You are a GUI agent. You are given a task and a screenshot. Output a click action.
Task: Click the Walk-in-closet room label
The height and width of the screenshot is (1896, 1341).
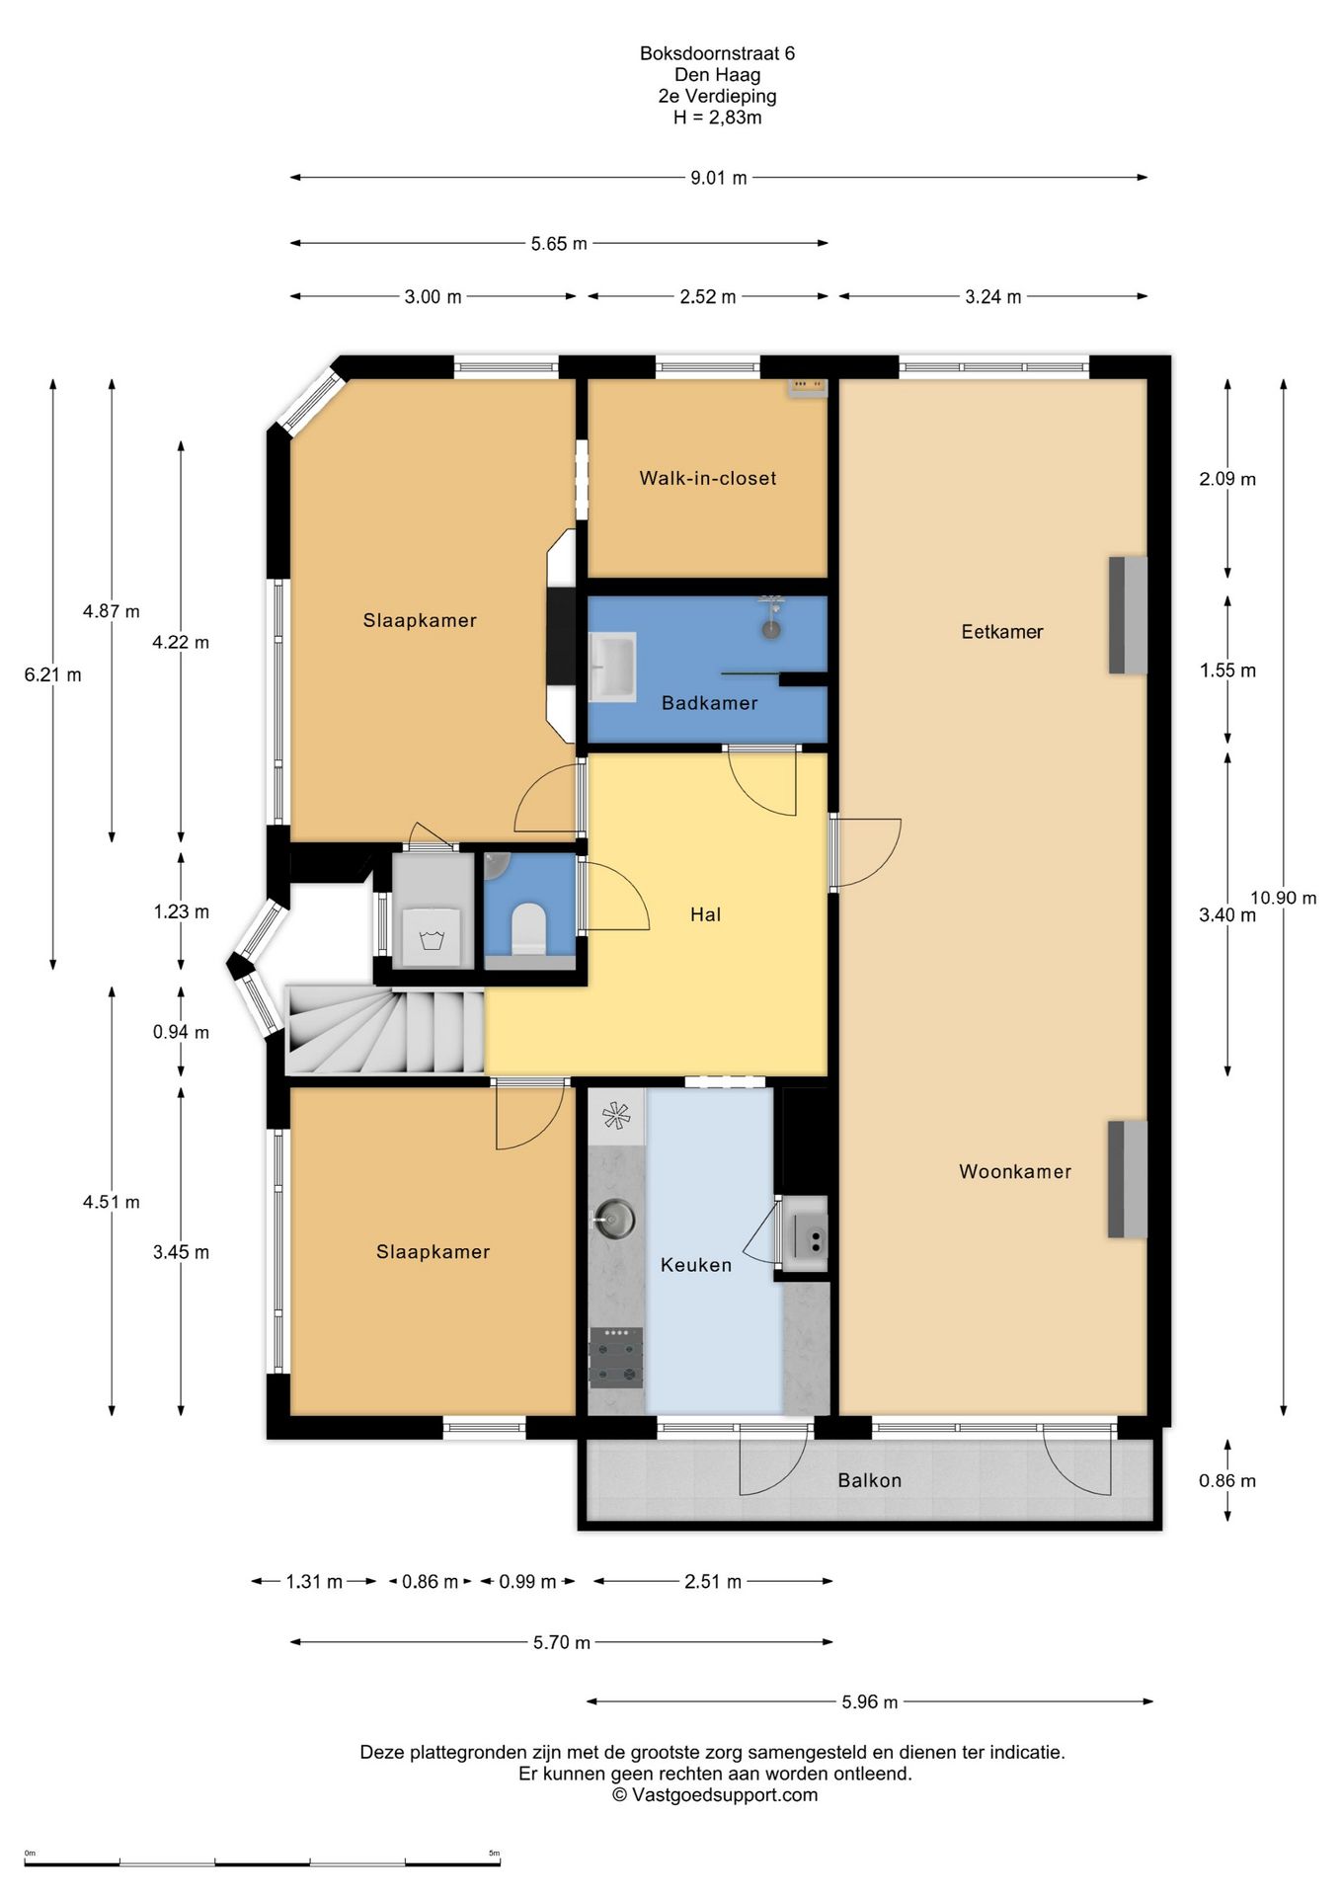pos(707,479)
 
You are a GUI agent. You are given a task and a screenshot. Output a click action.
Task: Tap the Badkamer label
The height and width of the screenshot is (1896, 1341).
pos(709,703)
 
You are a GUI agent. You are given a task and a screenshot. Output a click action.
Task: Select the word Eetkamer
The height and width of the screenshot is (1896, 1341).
pos(1002,632)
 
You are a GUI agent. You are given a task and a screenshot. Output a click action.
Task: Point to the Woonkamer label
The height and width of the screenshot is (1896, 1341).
pos(1015,1172)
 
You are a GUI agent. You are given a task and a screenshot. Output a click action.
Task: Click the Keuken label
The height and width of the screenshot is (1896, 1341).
pos(696,1265)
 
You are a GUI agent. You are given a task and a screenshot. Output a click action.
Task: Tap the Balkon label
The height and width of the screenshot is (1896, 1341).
pos(869,1480)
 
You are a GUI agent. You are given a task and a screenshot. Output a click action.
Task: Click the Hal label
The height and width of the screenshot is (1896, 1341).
pos(705,914)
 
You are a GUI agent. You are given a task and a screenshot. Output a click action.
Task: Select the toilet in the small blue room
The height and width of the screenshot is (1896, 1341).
pos(529,927)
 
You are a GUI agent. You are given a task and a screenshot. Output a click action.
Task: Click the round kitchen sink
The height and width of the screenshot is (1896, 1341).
pos(614,1219)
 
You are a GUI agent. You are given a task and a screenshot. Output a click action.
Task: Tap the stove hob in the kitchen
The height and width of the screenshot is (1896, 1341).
pos(616,1358)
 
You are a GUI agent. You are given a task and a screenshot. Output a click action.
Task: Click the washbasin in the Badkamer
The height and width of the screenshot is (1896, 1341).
pos(612,667)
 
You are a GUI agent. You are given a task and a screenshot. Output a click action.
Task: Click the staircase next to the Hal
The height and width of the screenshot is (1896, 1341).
pos(385,1030)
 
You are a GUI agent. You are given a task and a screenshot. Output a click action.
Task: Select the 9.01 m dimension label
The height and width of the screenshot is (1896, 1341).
pos(719,179)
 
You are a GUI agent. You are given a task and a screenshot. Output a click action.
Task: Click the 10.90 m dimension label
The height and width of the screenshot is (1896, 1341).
pos(1284,899)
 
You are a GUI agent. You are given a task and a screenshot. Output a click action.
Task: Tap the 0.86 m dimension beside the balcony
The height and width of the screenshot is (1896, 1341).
pos(1227,1481)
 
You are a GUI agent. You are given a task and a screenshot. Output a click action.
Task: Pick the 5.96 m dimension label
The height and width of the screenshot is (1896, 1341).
pos(870,1701)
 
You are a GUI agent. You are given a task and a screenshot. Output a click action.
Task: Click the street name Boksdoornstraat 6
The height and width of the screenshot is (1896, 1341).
pos(717,54)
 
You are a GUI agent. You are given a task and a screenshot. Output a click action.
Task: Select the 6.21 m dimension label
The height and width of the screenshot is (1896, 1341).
pos(53,675)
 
